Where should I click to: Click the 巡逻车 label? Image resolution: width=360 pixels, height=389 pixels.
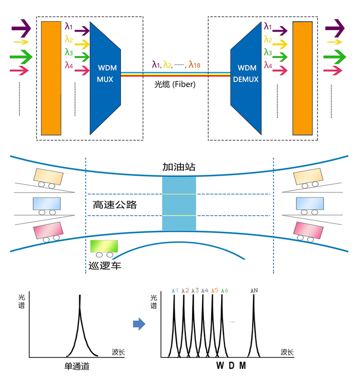point(105,265)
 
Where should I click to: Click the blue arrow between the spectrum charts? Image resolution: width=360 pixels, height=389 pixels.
point(138,323)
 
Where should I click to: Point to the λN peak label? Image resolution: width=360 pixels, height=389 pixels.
point(255,291)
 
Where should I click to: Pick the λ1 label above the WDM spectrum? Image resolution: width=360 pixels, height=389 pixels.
point(175,291)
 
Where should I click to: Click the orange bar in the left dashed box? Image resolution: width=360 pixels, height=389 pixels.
point(51,78)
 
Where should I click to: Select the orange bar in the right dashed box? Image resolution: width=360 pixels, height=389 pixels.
point(302,78)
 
